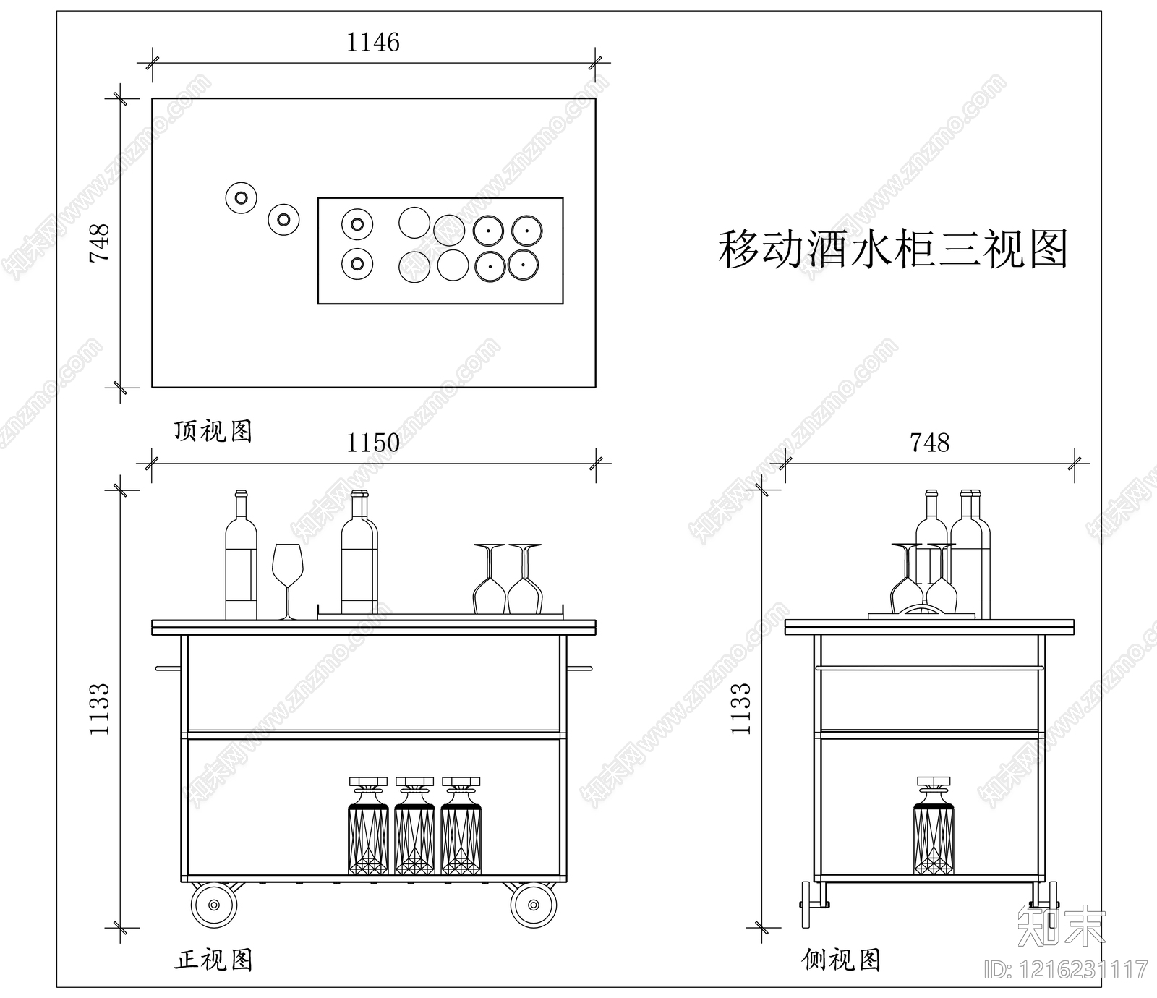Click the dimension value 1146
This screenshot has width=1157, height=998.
coord(372,43)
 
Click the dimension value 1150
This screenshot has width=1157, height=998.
coord(372,443)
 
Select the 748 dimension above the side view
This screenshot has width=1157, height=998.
coord(929,443)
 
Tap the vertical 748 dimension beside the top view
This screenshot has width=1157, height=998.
coord(99,242)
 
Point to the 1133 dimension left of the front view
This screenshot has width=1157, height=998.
coord(99,709)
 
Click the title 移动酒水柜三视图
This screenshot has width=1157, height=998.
coord(892,249)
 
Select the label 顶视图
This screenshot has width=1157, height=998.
coord(213,431)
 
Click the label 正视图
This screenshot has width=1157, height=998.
coord(213,960)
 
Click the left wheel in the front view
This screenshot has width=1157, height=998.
coord(214,905)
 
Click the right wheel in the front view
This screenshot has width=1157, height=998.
coord(534,905)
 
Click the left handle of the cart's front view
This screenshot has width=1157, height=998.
coord(167,668)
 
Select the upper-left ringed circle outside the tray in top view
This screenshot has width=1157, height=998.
coord(241,197)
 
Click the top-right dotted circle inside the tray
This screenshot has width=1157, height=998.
coord(527,231)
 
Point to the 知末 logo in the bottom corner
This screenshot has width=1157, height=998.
coord(1062,926)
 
